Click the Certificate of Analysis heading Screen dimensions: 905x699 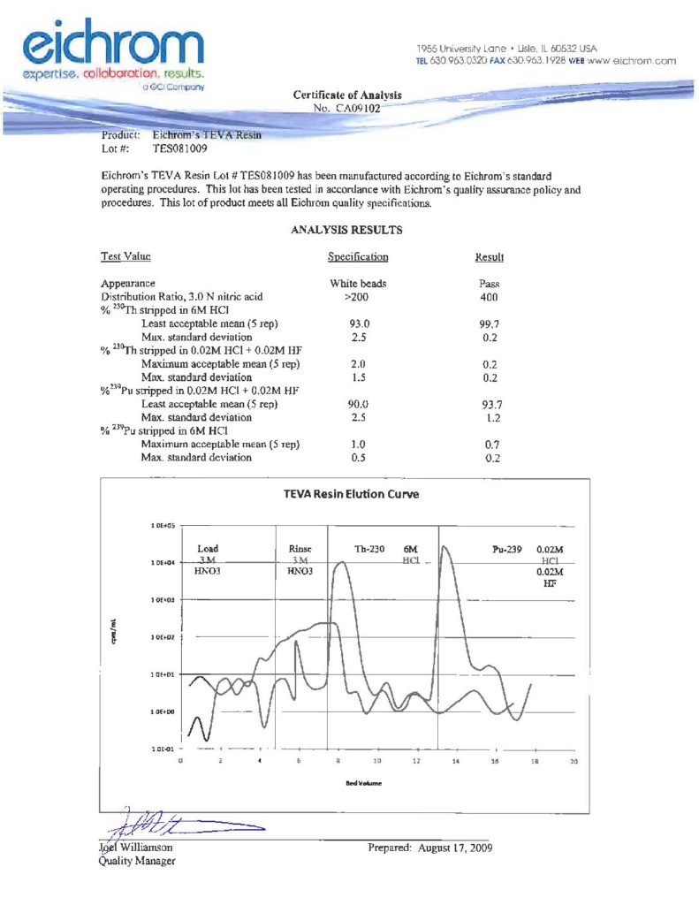point(346,95)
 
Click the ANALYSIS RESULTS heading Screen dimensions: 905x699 point(346,230)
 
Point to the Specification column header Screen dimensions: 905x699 point(358,257)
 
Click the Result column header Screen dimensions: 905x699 point(490,257)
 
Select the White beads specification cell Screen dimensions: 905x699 point(358,284)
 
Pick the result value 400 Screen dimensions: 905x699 point(490,297)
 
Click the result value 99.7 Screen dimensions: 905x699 point(490,324)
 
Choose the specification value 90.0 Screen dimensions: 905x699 point(358,404)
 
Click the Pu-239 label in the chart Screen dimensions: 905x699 point(510,549)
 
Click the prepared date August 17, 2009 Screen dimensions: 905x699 point(430,848)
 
